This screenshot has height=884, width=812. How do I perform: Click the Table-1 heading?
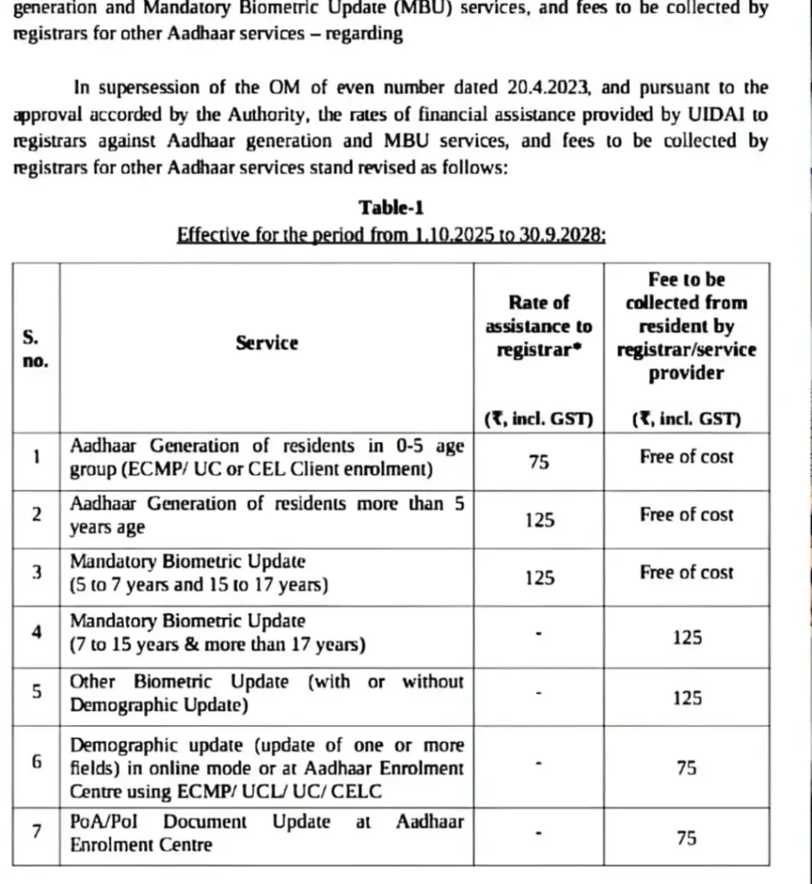(391, 207)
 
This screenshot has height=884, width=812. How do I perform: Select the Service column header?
(267, 343)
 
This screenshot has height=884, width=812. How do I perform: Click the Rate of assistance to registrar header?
(538, 326)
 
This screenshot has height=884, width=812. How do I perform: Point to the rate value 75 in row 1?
(538, 463)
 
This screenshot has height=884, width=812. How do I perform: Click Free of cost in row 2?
(686, 515)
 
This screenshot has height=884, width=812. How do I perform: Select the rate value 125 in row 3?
(538, 578)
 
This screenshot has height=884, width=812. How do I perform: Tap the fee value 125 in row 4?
(686, 638)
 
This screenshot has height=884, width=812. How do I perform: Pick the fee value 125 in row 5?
(686, 698)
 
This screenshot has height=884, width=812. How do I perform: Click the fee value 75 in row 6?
(686, 767)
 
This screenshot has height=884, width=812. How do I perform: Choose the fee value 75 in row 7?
(686, 837)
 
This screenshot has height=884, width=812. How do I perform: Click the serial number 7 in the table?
(36, 832)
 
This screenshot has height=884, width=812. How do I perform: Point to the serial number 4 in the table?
(36, 632)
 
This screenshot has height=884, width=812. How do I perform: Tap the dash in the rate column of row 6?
(538, 764)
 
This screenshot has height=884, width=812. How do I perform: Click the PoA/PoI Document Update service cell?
(267, 833)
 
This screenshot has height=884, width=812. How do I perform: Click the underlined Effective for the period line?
(391, 235)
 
